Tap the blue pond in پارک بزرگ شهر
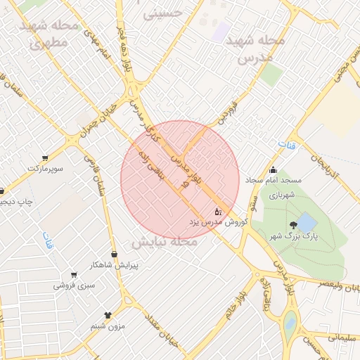point(307,224)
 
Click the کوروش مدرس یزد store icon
point(217,210)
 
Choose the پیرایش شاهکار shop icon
point(114,254)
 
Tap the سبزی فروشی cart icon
point(74,275)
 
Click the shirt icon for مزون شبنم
point(108,316)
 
